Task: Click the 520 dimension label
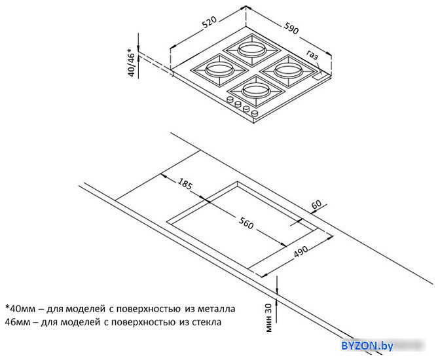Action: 210,22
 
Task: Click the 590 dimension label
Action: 291,28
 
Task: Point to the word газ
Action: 312,55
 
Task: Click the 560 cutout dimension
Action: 246,223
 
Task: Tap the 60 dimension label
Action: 316,204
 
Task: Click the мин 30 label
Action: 268,317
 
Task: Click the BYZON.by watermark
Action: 367,346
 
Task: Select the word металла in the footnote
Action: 217,309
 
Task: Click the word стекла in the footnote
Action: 207,322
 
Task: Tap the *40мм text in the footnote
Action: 20,309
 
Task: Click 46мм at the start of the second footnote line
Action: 17,322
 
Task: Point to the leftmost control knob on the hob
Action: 230,99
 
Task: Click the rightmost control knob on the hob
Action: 255,113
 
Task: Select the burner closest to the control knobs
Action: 256,90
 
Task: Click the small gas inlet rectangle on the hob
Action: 318,77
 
